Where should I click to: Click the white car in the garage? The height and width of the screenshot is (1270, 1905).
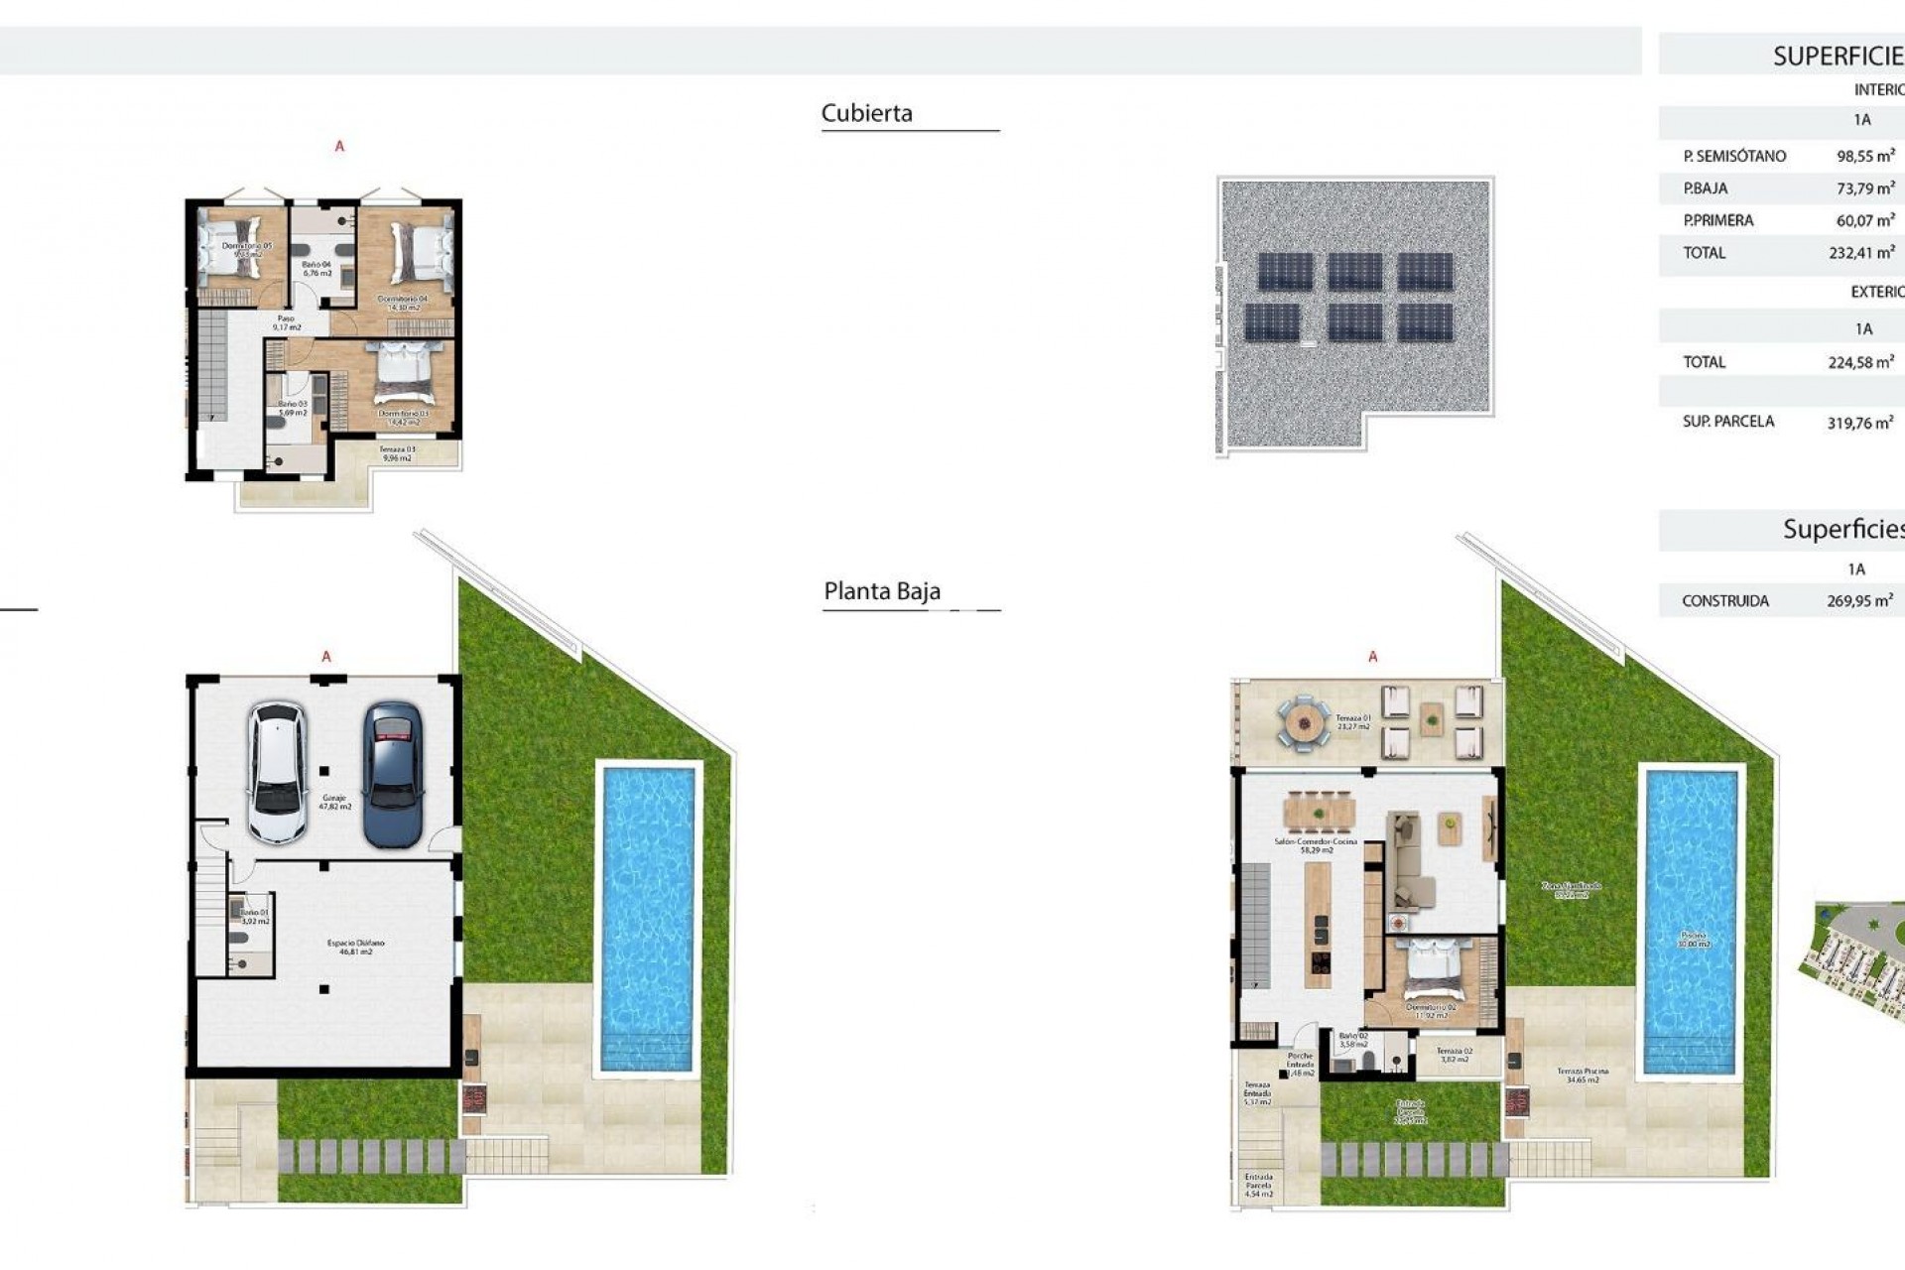277,773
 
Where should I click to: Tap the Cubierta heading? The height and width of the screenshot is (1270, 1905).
866,113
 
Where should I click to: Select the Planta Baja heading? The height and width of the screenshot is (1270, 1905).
881,591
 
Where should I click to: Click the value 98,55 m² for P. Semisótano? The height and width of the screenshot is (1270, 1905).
1864,156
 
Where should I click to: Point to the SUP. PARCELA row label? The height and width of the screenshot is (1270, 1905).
1727,422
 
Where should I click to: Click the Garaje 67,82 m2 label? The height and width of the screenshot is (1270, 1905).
334,802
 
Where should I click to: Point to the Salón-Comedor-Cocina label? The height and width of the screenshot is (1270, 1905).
1316,845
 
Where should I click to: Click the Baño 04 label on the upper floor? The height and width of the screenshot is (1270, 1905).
317,269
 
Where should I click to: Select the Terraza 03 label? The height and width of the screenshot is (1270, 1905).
397,453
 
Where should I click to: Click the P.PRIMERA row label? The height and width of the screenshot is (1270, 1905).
1717,220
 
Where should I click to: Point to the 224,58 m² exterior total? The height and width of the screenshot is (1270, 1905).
1860,362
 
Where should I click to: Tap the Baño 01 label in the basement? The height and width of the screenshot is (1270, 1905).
254,916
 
